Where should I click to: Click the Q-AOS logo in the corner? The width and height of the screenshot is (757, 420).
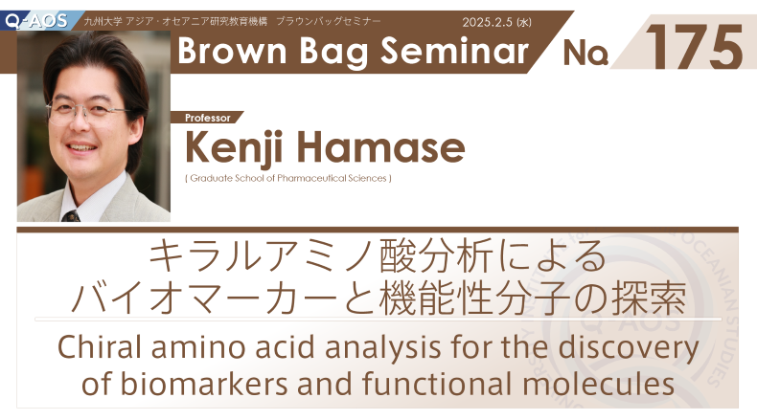click(x=36, y=21)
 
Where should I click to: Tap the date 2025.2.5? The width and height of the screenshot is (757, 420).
click(x=487, y=22)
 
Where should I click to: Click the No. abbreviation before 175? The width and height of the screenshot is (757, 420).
click(x=585, y=53)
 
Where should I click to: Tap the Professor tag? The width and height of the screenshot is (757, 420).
click(x=208, y=118)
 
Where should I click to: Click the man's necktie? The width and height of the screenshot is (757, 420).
click(x=71, y=216)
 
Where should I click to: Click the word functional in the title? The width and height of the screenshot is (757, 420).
click(x=438, y=384)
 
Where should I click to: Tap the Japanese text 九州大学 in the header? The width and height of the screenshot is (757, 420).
click(x=103, y=21)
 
